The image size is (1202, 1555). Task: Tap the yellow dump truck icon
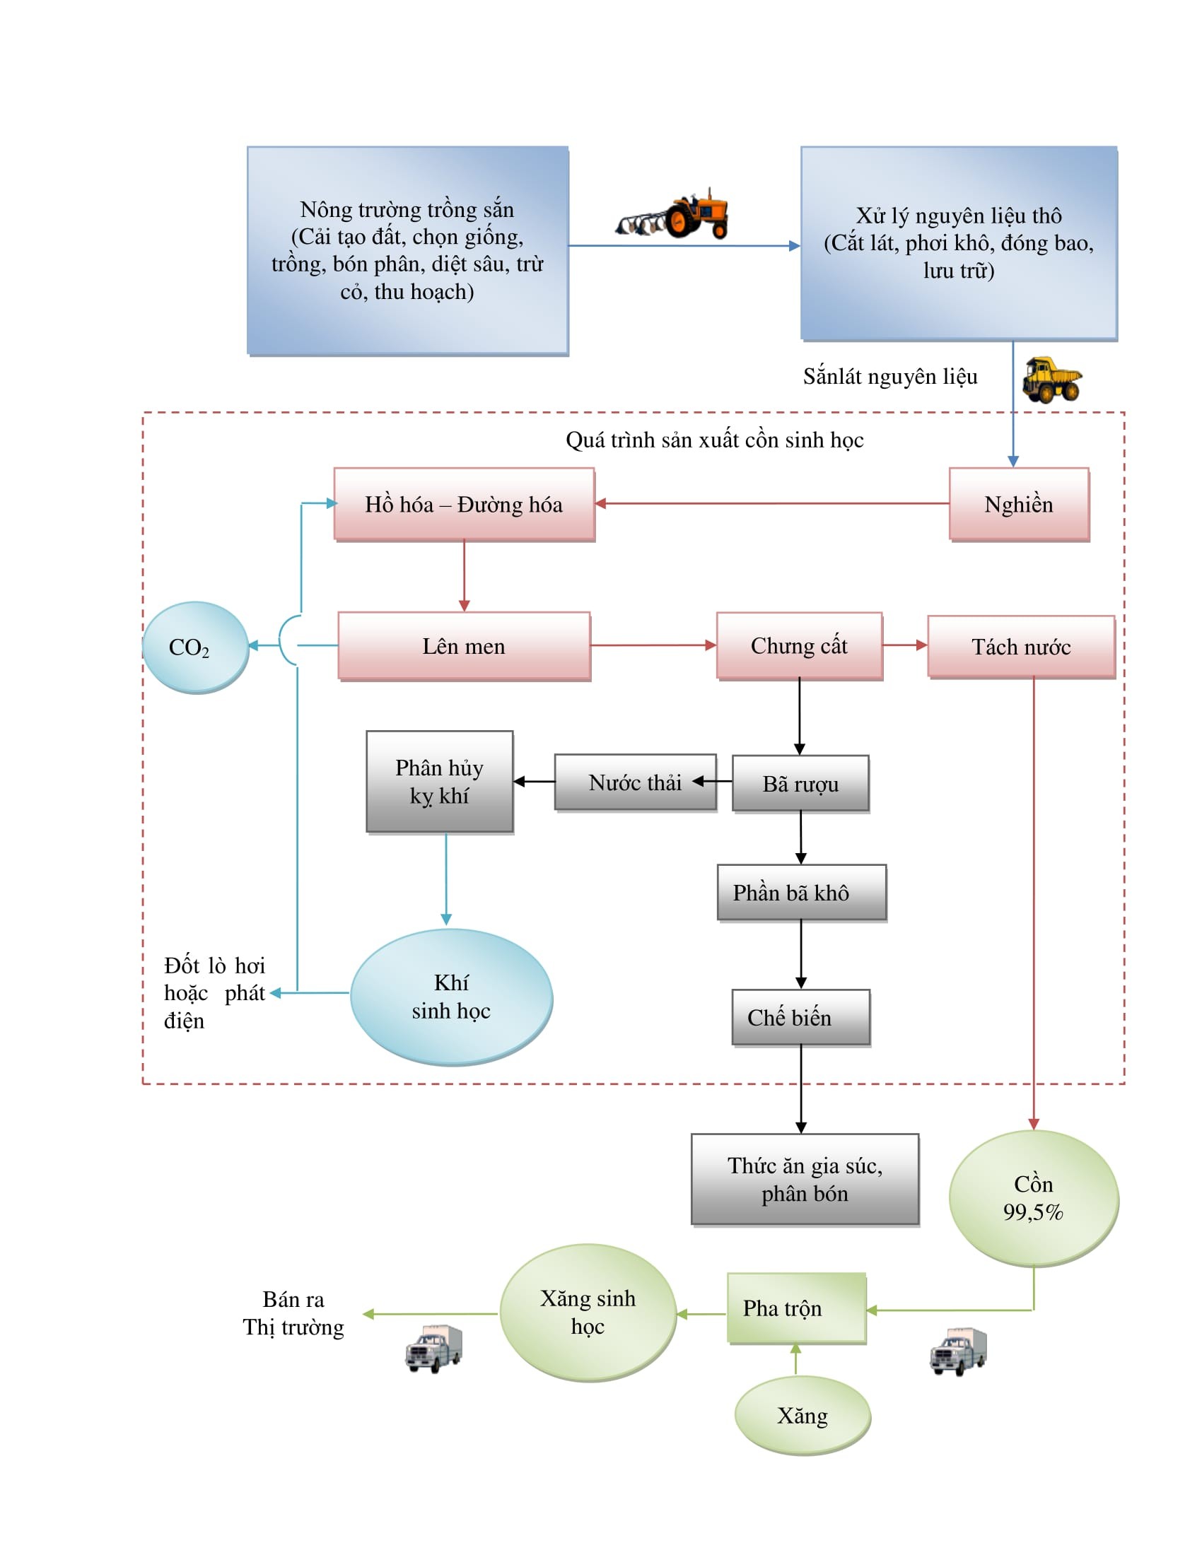(1051, 380)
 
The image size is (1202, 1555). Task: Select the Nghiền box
(1018, 504)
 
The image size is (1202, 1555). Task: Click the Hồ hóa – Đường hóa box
(464, 504)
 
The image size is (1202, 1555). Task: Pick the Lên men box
(464, 646)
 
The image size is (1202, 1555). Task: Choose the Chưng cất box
(799, 645)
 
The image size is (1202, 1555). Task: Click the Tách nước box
(1020, 647)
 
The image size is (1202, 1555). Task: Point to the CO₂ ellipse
(195, 647)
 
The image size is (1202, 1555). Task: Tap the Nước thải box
(634, 782)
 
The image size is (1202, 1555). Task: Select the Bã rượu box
(800, 783)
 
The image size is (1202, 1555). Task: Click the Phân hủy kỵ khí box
(439, 781)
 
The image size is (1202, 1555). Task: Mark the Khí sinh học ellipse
(451, 996)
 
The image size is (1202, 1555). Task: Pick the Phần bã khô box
(801, 892)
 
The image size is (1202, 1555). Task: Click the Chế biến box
(800, 1016)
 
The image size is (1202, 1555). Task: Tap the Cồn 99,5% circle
(1032, 1197)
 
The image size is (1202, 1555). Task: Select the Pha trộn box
(796, 1308)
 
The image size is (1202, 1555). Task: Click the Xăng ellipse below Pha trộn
(803, 1416)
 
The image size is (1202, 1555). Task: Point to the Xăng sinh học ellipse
(588, 1313)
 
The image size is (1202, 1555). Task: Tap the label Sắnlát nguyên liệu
(889, 377)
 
